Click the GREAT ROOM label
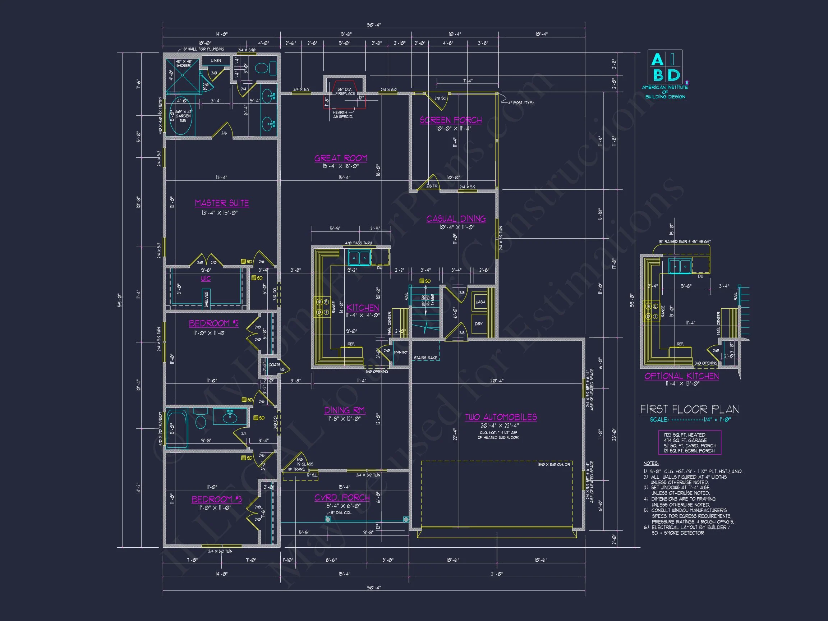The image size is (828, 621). point(341,158)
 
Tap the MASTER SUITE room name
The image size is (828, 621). point(222,203)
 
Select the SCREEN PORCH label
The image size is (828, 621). point(451,120)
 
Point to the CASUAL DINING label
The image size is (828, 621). point(456,219)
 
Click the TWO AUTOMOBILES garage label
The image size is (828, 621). point(501,417)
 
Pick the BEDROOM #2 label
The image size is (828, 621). point(213,323)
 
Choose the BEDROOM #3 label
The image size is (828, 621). point(216,499)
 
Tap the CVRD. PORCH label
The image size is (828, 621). point(342,497)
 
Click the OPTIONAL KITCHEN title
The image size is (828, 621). point(681,376)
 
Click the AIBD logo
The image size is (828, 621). point(665,67)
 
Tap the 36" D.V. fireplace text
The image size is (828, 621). point(345,91)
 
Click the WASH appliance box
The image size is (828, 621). point(479,302)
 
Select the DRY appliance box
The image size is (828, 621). point(479,323)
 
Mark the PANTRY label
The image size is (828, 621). point(401,352)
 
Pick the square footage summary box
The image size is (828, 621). point(690,443)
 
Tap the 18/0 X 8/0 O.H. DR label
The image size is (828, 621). point(554,465)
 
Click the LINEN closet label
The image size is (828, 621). point(216,60)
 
